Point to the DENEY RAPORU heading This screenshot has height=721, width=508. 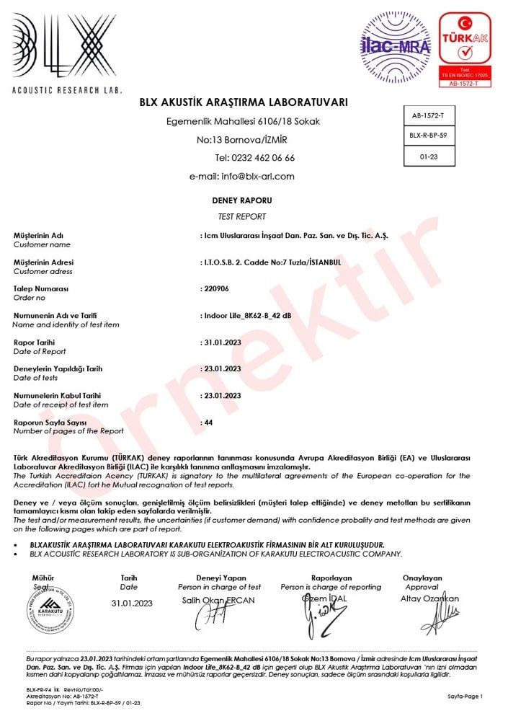pos(242,200)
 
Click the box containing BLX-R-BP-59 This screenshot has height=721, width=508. pos(429,135)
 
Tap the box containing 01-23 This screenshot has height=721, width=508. pos(429,154)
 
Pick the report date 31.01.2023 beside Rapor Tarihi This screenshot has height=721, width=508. pos(222,342)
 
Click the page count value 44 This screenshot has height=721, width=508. pos(209,423)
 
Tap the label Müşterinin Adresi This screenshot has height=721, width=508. pos(43,262)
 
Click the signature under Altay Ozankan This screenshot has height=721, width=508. pos(439,617)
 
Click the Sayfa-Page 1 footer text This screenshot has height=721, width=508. pos(465,696)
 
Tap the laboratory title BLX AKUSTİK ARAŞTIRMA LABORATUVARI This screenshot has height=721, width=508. pos(244,102)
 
